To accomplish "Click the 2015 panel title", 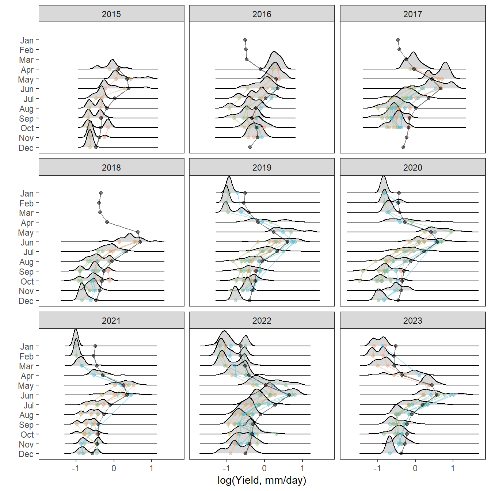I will (111, 14).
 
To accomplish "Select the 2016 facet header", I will (262, 14).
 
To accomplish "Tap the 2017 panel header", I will (412, 14).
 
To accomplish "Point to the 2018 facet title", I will (111, 168).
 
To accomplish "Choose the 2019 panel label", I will (262, 168).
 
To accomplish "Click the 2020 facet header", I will (412, 168).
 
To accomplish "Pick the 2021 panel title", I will (111, 321).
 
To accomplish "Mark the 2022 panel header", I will (262, 321).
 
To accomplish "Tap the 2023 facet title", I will (412, 321).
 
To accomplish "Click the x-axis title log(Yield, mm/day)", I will (262, 480).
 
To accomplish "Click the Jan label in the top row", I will (27, 41).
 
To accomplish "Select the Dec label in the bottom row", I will (26, 454).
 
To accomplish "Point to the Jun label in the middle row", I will (27, 243).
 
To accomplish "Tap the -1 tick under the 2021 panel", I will (76, 468).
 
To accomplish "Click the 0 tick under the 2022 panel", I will (264, 468).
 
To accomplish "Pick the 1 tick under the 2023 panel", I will (453, 468).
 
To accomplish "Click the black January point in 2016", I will (245, 40).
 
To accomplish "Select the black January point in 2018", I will (101, 193).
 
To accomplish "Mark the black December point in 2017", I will (403, 147).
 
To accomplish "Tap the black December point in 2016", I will (250, 147).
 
